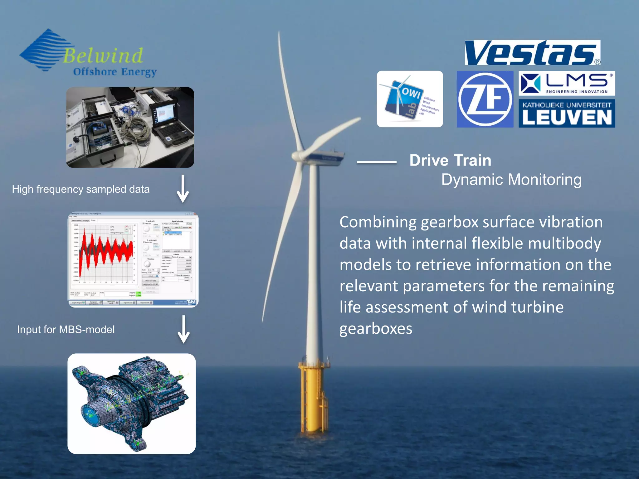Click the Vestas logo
coord(532,53)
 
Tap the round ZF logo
coord(485,99)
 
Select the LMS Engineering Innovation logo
coord(567,83)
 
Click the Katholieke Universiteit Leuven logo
coord(567,113)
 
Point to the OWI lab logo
coord(410,99)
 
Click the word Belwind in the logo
coord(103,56)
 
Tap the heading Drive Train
coord(450,161)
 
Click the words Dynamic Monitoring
coord(511,180)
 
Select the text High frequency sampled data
coord(81,189)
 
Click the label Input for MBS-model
coord(66,330)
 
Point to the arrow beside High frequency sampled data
coord(183,189)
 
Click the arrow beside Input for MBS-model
coord(183,329)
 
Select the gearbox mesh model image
coord(131,403)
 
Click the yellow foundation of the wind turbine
coord(313,396)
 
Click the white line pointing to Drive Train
coord(377,162)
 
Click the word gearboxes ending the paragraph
coord(376,329)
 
